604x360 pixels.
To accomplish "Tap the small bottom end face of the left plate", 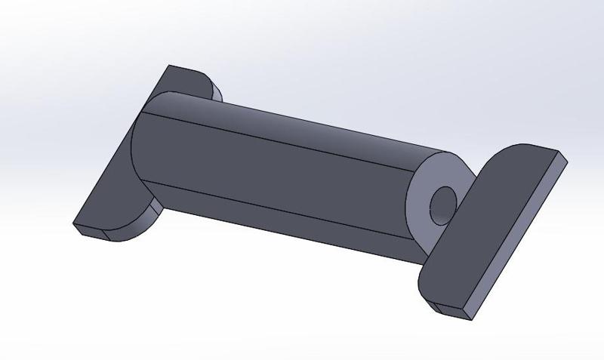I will (x=92, y=232).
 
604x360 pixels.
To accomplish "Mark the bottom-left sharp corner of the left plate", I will (x=74, y=225).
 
